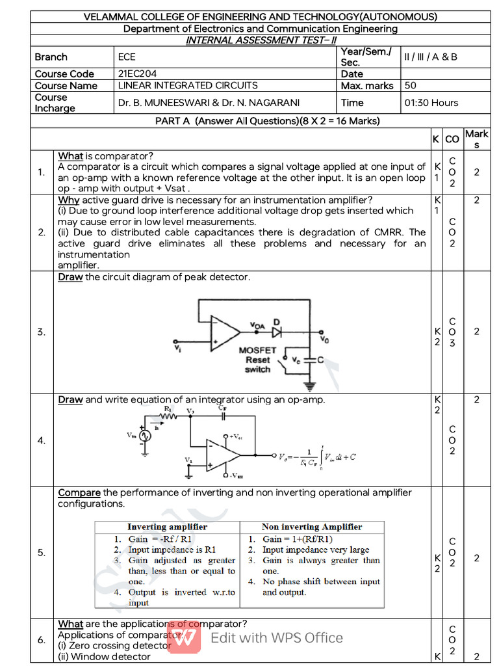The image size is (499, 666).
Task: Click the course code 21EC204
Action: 137,74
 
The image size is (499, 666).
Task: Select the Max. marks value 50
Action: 411,86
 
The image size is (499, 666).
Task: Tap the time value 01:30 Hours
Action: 431,103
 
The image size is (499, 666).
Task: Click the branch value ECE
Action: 127,57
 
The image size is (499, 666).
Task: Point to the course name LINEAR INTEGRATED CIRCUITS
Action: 188,86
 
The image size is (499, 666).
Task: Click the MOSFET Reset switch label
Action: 257,360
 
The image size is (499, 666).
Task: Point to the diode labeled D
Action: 277,331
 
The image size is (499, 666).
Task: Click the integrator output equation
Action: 316,457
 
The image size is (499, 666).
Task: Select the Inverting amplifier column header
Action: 167,527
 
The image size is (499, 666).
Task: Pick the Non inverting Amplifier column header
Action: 312,527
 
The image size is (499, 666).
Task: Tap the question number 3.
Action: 42,332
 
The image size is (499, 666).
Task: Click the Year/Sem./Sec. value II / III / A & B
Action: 431,57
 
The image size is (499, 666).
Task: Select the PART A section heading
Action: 267,121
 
